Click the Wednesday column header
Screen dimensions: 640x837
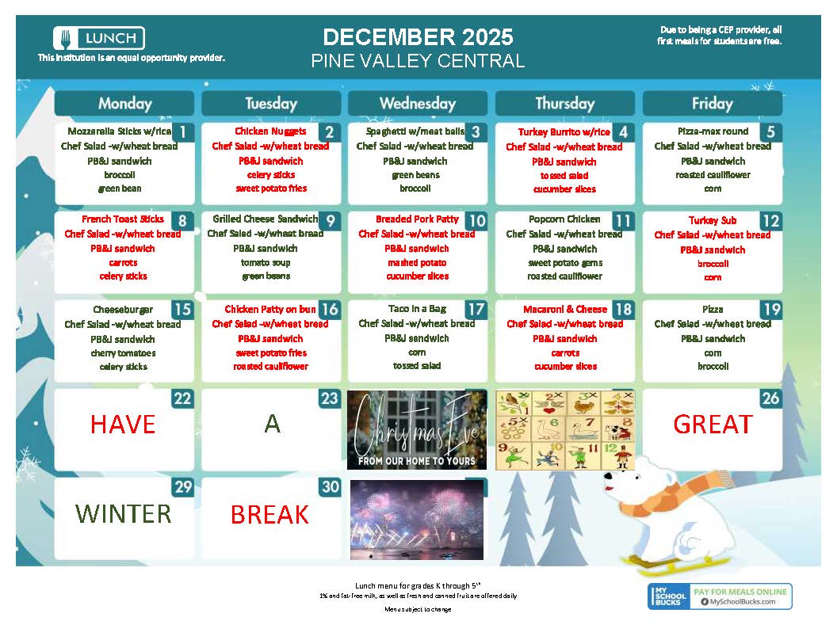coord(418,103)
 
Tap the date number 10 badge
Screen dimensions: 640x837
coord(476,220)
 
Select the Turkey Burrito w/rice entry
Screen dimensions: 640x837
coord(564,132)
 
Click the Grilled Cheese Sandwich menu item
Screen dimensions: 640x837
coord(265,219)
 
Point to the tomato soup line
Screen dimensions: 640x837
coord(266,262)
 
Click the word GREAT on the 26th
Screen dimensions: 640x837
coord(712,425)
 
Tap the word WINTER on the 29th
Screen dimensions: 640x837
coord(124,513)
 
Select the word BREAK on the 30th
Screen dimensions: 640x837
coord(269,515)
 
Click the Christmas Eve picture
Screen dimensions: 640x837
coord(417,429)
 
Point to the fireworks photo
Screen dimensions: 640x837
coord(417,519)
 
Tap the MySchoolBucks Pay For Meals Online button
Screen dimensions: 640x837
coord(720,596)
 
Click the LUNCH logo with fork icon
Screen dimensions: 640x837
coord(99,37)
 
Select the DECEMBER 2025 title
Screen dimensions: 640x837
coord(418,37)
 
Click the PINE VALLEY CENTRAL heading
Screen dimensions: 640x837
coord(418,61)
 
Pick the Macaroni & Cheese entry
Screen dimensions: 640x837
coord(564,310)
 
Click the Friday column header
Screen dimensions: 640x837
coord(712,103)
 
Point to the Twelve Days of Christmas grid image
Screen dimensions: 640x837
coord(564,429)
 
